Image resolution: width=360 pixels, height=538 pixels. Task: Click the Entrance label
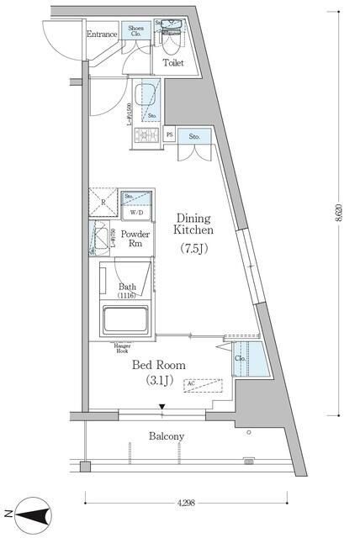click(x=102, y=34)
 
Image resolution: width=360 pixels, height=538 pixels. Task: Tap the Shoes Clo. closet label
click(x=136, y=31)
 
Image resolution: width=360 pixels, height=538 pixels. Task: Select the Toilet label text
click(x=173, y=62)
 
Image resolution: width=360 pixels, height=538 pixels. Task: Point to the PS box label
click(x=170, y=134)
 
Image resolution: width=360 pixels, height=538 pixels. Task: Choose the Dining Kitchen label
click(x=194, y=223)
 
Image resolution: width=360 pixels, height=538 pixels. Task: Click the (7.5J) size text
click(x=194, y=248)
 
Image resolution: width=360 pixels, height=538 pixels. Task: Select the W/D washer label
click(x=135, y=213)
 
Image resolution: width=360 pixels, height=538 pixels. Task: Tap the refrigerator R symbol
click(x=103, y=203)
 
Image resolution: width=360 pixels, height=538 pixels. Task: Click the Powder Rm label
click(x=135, y=239)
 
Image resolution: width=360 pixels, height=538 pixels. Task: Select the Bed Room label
click(x=159, y=365)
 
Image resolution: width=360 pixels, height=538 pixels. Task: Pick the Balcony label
click(x=167, y=436)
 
